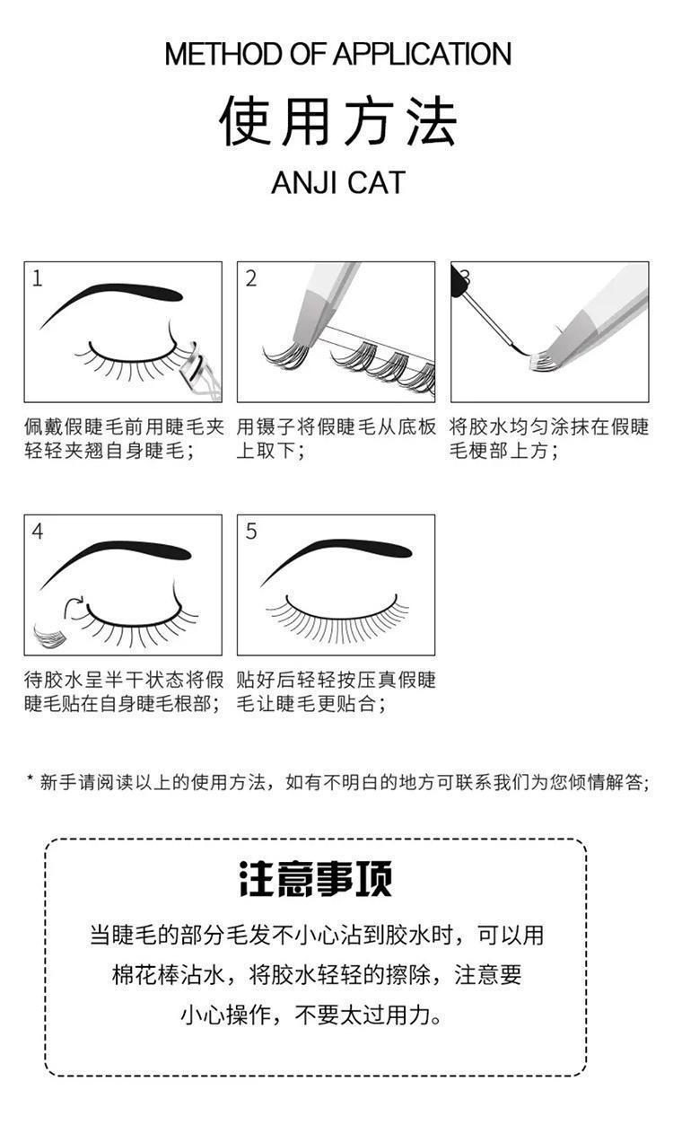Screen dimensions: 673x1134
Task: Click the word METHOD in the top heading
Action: (x=223, y=54)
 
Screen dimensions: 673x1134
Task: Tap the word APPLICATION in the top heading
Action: (x=422, y=54)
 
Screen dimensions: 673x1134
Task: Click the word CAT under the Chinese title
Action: (x=376, y=183)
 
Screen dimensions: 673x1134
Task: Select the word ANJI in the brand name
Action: (x=304, y=183)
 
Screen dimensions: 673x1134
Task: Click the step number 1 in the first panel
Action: (x=38, y=278)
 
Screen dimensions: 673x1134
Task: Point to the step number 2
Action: (x=251, y=278)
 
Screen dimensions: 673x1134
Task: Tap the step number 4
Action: (x=38, y=532)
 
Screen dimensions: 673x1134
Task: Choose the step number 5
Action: (x=251, y=532)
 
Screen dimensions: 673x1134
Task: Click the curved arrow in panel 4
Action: (x=74, y=605)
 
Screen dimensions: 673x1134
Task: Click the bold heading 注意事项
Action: (x=315, y=879)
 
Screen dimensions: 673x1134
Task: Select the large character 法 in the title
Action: (x=432, y=121)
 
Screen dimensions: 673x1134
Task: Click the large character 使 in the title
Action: (x=244, y=121)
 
